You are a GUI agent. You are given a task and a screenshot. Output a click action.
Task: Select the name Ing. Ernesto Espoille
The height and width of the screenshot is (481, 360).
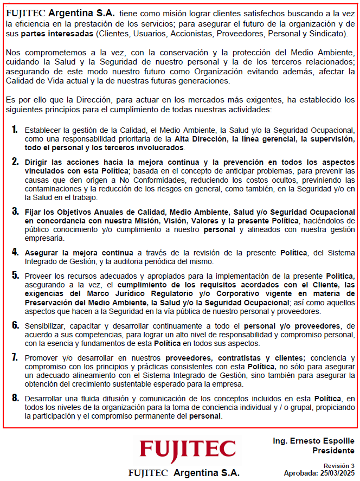[313, 441]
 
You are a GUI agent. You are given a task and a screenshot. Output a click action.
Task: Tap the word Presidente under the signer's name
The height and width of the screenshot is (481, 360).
[333, 451]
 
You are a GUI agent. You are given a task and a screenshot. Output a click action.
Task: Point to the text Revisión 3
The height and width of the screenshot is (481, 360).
[339, 465]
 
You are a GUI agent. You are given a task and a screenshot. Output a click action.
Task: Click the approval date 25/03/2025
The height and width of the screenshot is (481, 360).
[337, 473]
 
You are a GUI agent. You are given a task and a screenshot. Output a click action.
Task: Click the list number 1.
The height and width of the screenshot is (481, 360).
[15, 130]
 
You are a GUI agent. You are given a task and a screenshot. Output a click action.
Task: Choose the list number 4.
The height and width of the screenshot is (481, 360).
[15, 253]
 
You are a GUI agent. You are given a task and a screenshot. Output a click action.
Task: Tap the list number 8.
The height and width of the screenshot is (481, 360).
[15, 398]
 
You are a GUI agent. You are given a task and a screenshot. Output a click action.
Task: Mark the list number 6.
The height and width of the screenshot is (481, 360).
[15, 325]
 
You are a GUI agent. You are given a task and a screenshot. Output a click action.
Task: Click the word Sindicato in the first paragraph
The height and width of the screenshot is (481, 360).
[328, 33]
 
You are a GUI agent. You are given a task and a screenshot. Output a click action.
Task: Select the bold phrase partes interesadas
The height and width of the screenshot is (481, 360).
[56, 33]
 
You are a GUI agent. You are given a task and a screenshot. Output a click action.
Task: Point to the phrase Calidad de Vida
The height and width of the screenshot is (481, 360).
[31, 80]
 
